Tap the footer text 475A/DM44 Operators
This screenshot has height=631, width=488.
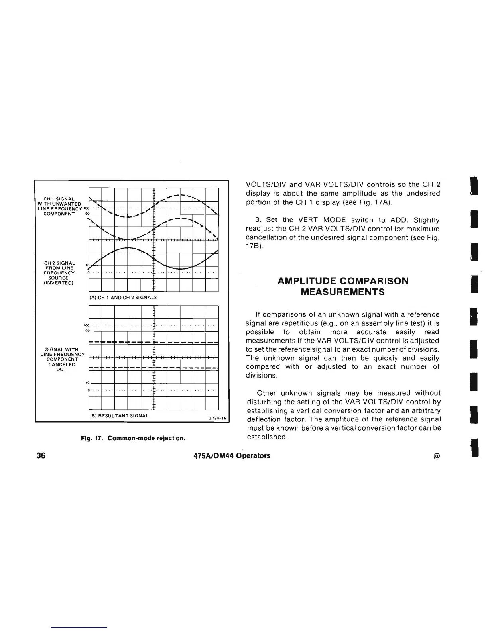point(231,455)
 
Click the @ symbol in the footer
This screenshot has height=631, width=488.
point(436,456)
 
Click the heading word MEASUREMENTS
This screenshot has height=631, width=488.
point(342,292)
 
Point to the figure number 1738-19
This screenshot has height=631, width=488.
point(218,418)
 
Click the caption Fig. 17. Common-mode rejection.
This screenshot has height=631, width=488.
point(133,438)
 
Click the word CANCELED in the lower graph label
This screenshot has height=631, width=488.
point(62,364)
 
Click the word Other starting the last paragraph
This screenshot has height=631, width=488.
point(266,393)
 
